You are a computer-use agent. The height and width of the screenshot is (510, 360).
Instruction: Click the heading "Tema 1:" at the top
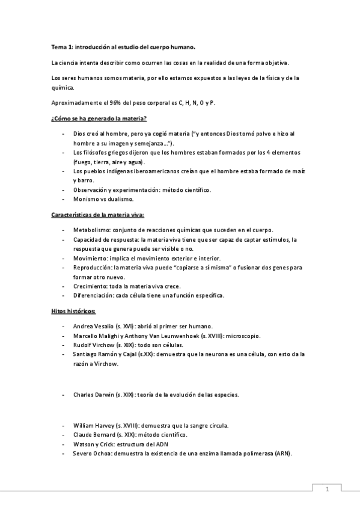click(x=61, y=46)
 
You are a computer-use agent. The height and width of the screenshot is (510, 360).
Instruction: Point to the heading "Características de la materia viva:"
click(x=97, y=214)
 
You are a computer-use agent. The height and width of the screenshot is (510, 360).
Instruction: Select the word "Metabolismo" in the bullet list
click(x=90, y=230)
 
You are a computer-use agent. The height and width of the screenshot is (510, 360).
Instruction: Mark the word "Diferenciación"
click(x=93, y=295)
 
